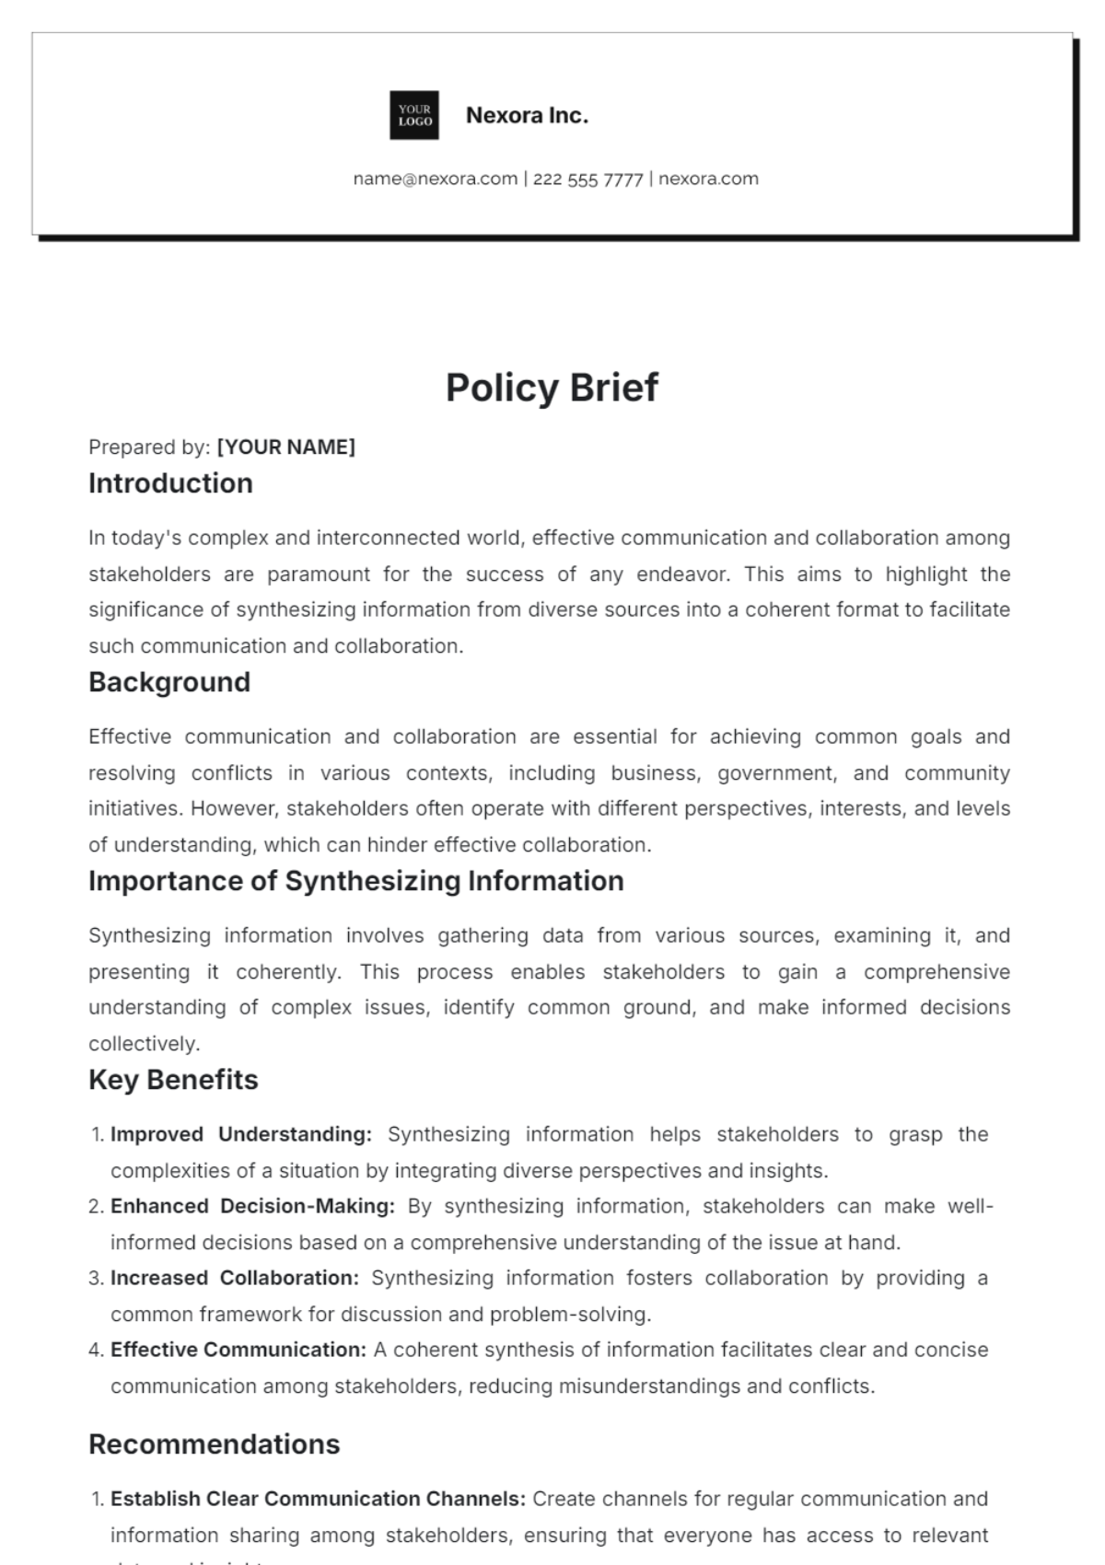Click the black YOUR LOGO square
point(414,115)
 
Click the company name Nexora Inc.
point(527,115)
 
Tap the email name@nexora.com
point(436,179)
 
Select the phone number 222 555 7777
point(587,180)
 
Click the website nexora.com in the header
point(708,179)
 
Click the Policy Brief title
point(552,388)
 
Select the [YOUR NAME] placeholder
point(285,447)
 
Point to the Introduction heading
point(170,483)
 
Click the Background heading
point(169,682)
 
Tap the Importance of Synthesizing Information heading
point(356,881)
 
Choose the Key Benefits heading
point(173,1080)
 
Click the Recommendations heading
point(214,1444)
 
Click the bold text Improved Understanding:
point(241,1134)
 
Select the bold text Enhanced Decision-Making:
point(252,1206)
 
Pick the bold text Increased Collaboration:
point(235,1278)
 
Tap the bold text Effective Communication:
point(238,1350)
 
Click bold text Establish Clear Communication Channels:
point(319,1499)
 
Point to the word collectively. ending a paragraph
point(144,1044)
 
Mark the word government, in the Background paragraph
point(777,773)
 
